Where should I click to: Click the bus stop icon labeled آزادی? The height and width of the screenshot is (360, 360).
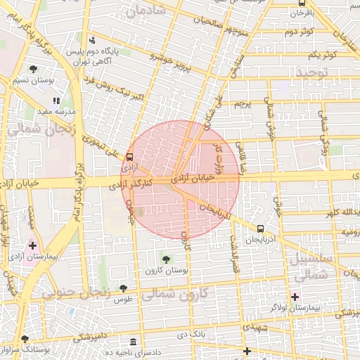[129, 157]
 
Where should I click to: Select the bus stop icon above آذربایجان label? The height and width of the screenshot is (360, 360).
[261, 229]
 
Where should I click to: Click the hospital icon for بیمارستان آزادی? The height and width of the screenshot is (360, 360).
[32, 245]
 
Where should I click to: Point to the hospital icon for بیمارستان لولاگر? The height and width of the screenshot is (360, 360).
[295, 297]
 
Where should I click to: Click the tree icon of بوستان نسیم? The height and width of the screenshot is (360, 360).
[33, 69]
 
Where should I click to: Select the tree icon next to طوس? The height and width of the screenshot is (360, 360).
[124, 288]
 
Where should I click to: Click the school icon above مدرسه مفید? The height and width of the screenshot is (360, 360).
[56, 101]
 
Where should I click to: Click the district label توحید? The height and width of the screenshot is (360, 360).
[312, 72]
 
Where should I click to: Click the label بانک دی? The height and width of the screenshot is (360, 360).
[191, 334]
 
